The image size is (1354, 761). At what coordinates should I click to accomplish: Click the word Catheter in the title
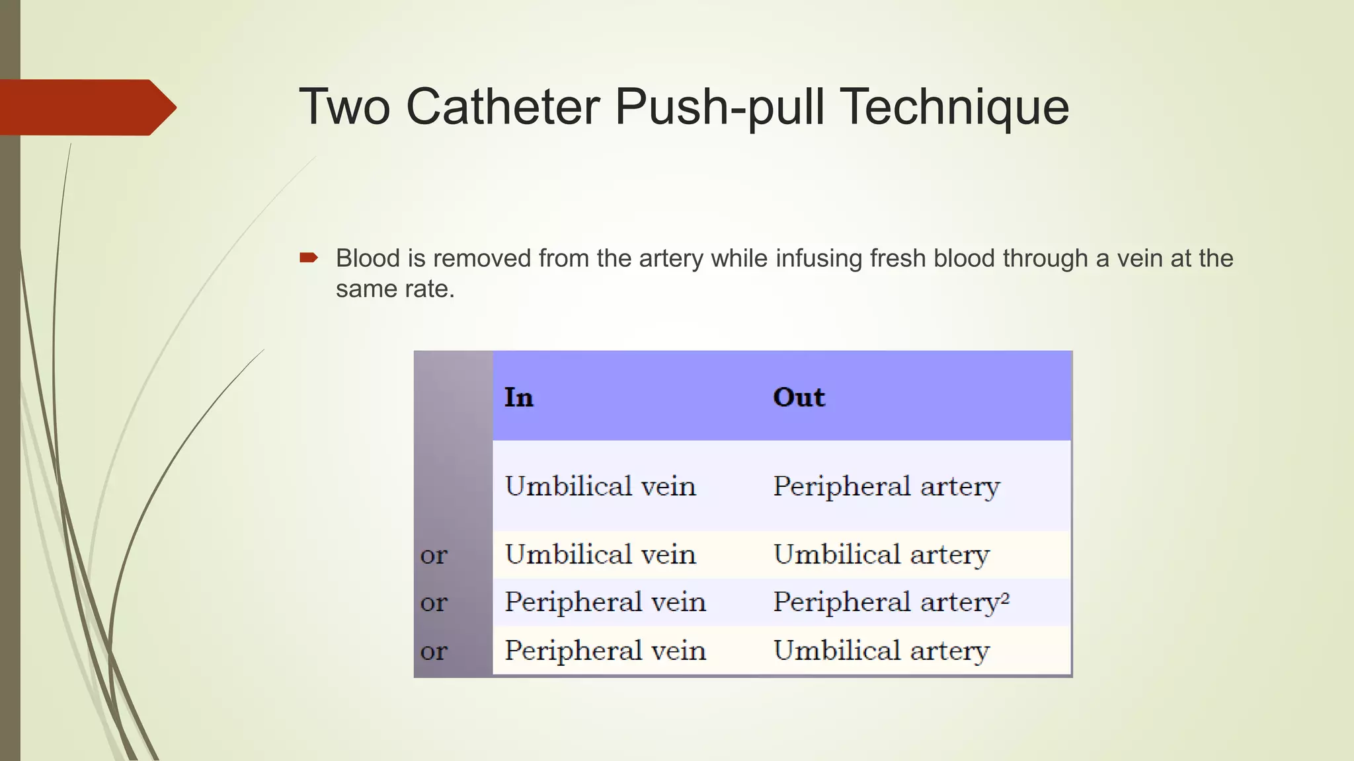tap(502, 107)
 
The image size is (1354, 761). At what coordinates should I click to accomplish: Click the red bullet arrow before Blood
tap(309, 258)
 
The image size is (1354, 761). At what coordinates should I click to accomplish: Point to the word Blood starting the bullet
tap(368, 258)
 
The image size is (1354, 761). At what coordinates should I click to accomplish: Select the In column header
tap(518, 397)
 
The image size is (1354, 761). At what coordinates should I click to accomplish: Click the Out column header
tap(799, 397)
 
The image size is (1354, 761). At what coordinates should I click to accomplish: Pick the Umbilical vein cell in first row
tap(600, 486)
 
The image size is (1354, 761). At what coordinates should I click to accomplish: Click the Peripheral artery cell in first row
tap(886, 487)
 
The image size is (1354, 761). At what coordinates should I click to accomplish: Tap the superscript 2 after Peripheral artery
tap(1005, 598)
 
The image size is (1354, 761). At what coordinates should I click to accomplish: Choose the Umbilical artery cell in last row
tap(881, 651)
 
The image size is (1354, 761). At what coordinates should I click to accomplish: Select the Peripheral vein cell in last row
tap(605, 651)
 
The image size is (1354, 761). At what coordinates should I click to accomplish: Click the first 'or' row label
tap(434, 555)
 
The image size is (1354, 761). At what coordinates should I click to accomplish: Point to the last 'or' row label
tap(434, 651)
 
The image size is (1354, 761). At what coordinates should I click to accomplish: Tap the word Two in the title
tap(344, 107)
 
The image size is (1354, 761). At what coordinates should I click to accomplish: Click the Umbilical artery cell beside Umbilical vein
tap(881, 555)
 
